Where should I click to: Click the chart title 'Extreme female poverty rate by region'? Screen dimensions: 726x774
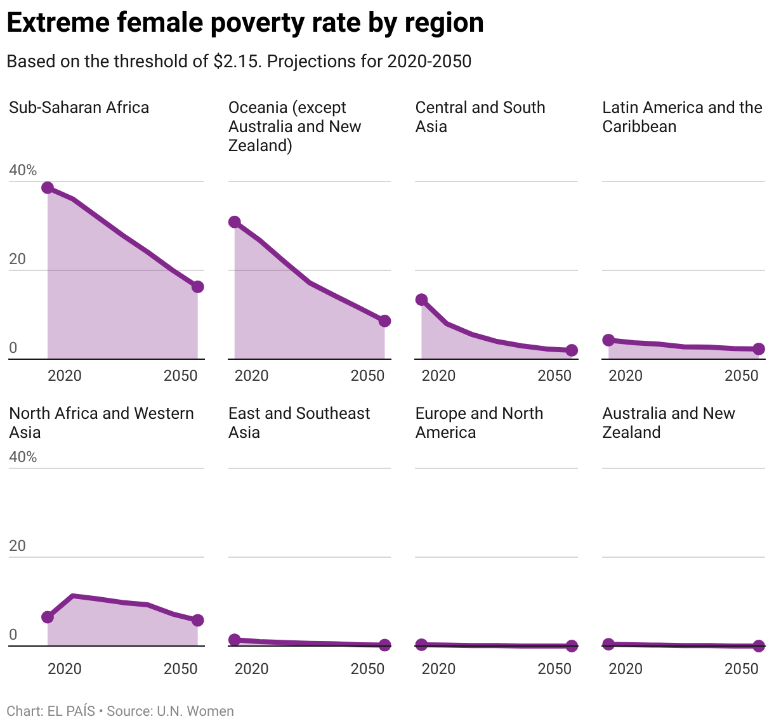click(x=245, y=23)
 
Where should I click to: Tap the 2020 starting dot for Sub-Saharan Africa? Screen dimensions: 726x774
click(x=48, y=188)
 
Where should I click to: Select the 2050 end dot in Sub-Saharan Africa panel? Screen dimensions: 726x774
click(x=197, y=287)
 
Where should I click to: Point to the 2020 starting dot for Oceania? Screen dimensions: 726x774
click(x=235, y=222)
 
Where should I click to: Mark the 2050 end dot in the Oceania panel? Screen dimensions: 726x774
click(x=384, y=321)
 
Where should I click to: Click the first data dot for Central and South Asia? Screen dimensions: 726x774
click(x=422, y=300)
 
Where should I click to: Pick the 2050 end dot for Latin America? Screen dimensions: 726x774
click(x=758, y=349)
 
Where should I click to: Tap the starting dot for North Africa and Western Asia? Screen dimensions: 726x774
click(x=48, y=617)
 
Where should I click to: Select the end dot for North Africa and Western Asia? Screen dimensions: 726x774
click(x=197, y=620)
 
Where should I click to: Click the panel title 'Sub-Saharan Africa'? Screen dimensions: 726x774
click(x=79, y=107)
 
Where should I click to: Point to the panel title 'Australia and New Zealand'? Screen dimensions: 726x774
click(x=668, y=423)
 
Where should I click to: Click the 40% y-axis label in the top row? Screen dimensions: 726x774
click(x=23, y=170)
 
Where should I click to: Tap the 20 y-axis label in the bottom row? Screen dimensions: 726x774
click(x=17, y=546)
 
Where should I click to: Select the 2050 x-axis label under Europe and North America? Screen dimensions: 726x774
click(x=554, y=669)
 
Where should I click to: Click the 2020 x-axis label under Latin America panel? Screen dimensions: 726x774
click(x=626, y=376)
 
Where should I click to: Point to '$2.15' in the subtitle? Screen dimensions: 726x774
click(x=236, y=62)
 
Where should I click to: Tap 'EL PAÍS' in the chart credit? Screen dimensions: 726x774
click(x=71, y=711)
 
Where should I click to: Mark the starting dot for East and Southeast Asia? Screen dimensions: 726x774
click(x=235, y=640)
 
